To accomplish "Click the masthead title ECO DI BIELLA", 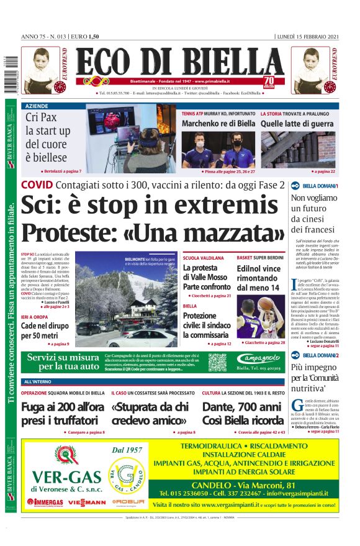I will coord(181,62).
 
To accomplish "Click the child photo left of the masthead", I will coord(42,70).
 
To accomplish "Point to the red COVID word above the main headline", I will coord(37,185).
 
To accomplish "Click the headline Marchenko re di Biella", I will coord(218,124).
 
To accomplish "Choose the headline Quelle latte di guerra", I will coord(297,124).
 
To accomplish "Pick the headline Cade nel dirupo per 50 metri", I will coord(43,331).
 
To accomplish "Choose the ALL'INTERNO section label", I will coord(38,381).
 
